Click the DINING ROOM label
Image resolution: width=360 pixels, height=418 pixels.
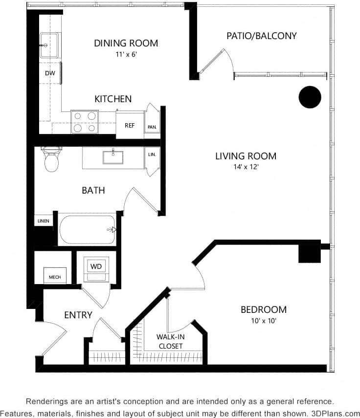pos(126,43)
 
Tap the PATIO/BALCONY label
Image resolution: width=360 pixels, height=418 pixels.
pos(262,36)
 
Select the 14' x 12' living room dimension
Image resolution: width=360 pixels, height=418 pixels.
pos(246,167)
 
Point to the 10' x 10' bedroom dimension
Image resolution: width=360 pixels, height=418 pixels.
pos(263,321)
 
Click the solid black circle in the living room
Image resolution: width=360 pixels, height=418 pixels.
pos(310,97)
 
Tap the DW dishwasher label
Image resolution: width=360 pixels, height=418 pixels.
pos(50,74)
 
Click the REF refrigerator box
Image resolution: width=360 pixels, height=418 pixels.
pos(130,125)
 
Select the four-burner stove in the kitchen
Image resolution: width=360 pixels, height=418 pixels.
pos(84,122)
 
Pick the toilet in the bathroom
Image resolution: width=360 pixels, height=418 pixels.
pos(51,160)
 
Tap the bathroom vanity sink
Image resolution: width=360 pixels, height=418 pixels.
pos(113,157)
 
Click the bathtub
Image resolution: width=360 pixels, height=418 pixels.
pos(87,229)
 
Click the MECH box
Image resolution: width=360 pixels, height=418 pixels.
pos(54,277)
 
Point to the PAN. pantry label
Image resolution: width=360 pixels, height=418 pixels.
pos(152,127)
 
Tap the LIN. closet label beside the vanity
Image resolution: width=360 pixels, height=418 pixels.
pos(152,155)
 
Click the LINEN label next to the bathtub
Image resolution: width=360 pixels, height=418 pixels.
pos(43,221)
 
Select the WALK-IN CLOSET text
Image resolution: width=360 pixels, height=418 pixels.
pos(169,341)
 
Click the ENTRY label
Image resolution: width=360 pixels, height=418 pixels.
pos(78,315)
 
